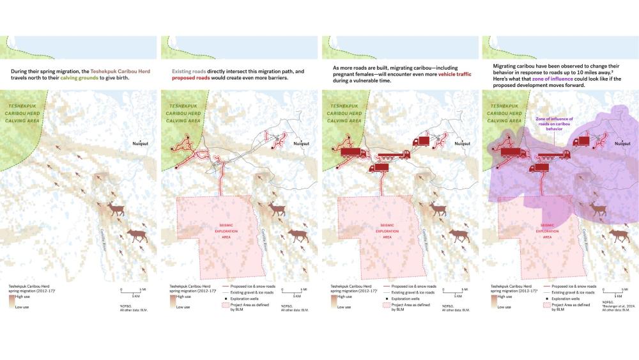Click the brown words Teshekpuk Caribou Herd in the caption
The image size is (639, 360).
tap(121, 70)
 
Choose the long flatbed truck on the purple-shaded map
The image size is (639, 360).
tap(552, 154)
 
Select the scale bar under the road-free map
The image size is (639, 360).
tap(132, 293)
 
